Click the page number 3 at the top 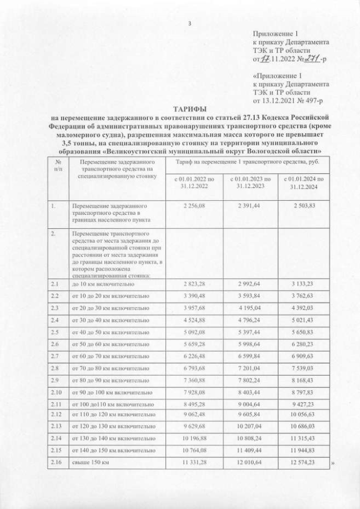pos(190,23)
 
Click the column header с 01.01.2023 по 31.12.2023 pos(251,183)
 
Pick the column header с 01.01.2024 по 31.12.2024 pos(304,183)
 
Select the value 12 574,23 pos(304,462)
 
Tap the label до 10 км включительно pos(102,285)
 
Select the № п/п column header pos(58,164)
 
